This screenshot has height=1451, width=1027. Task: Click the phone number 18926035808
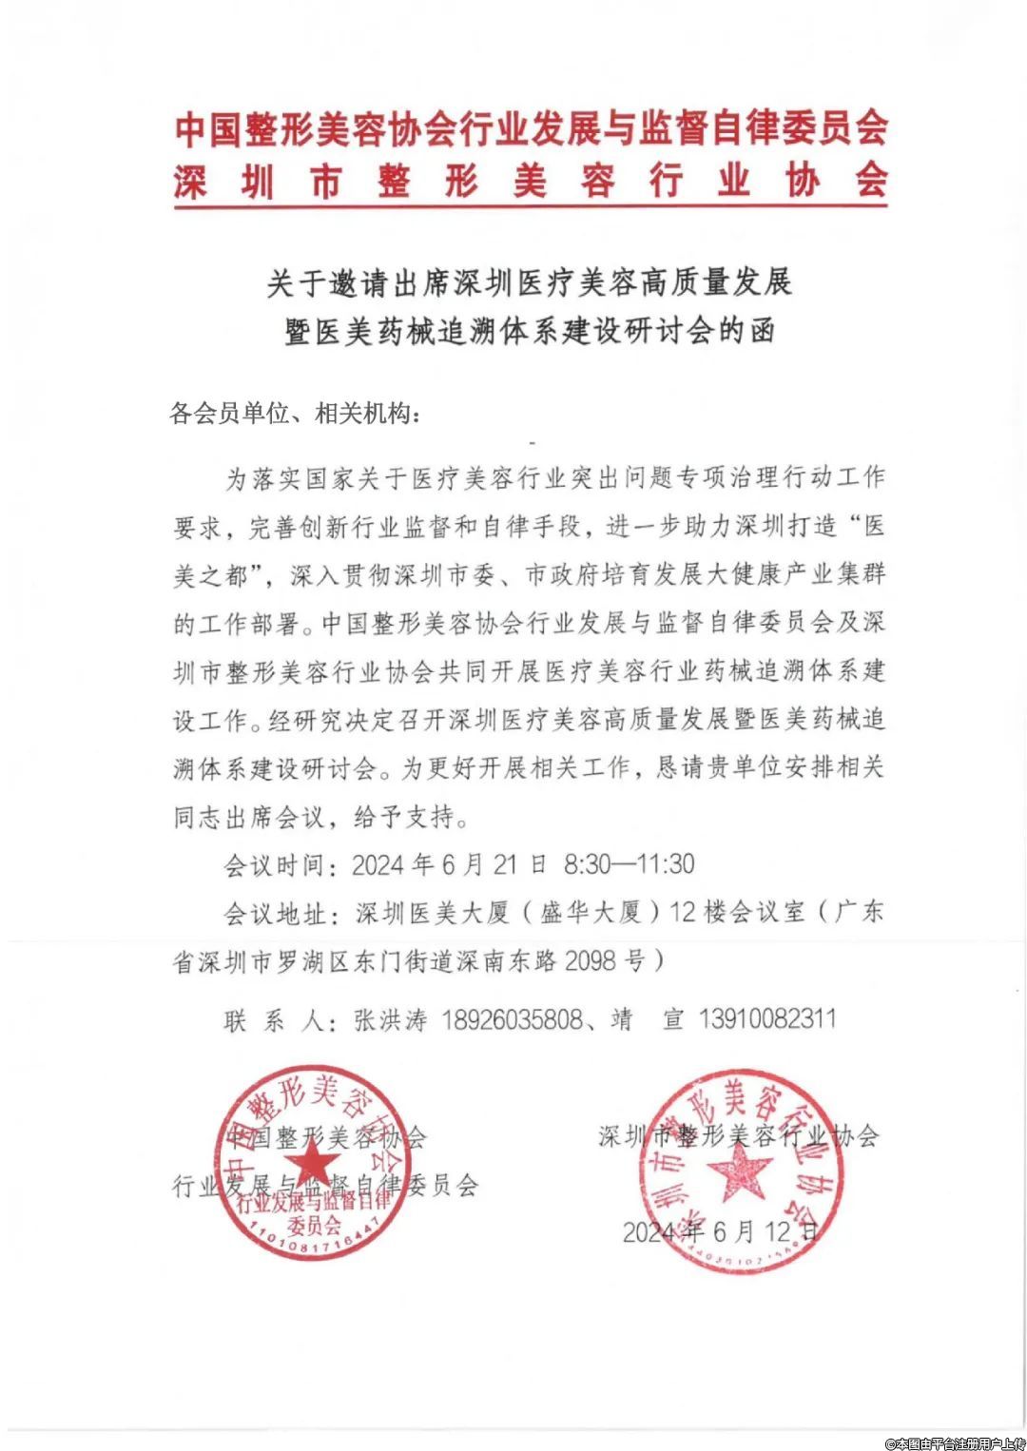[512, 1020]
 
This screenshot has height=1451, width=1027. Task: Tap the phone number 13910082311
[767, 1019]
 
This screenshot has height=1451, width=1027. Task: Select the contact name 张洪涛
[391, 1020]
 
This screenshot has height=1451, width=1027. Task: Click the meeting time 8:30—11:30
[629, 864]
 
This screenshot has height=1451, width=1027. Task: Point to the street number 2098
[591, 960]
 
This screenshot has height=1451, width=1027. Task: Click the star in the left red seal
[312, 1162]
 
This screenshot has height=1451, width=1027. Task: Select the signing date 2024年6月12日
[720, 1232]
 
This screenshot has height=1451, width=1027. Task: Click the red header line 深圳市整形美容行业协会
[531, 181]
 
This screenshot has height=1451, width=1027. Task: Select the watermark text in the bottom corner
[955, 1442]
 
